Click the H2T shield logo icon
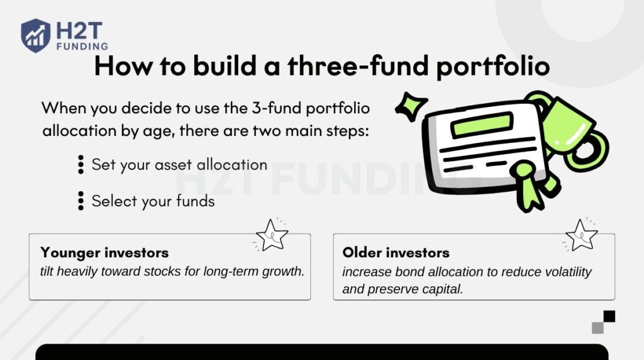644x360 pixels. [x=35, y=35]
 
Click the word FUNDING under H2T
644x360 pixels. [x=81, y=46]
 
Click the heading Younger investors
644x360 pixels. [x=104, y=252]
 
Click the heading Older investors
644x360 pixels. [x=396, y=252]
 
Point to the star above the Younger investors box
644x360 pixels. [x=272, y=235]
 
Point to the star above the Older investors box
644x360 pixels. [x=581, y=235]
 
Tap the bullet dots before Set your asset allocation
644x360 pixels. [x=80, y=165]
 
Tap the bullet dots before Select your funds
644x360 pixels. [x=80, y=201]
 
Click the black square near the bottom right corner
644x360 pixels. [x=609, y=316]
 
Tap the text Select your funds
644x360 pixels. [x=153, y=201]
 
